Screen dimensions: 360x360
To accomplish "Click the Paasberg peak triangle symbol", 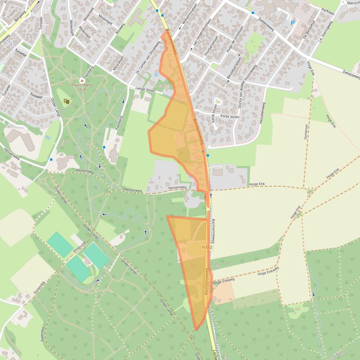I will click(82, 80).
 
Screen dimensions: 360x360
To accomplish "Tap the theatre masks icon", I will click(66, 101).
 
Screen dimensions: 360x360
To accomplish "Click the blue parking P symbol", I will click(293, 22).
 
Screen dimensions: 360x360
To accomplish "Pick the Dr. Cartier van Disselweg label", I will click(148, 58).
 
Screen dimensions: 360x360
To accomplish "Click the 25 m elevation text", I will click(82, 90).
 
